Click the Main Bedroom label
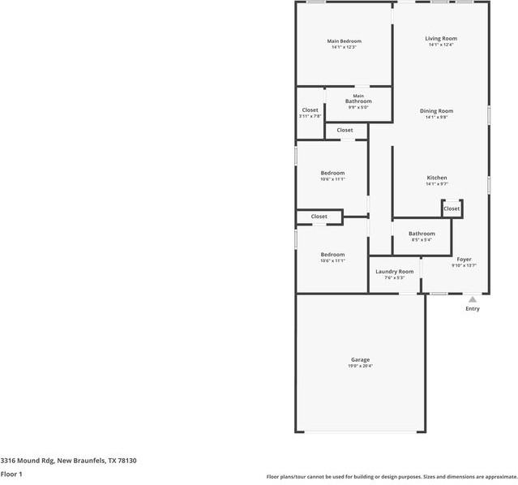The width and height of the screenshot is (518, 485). click(344, 41)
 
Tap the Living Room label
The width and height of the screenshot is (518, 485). click(441, 38)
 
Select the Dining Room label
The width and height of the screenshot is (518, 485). click(436, 110)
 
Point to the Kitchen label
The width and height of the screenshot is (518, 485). click(437, 178)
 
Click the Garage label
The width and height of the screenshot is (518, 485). click(360, 359)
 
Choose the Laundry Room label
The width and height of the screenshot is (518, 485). click(394, 271)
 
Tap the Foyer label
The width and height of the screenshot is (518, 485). click(464, 259)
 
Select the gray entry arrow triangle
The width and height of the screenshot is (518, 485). click(472, 299)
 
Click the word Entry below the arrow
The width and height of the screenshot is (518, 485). click(472, 308)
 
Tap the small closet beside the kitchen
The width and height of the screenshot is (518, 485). click(452, 208)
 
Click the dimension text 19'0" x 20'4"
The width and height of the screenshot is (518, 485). click(360, 366)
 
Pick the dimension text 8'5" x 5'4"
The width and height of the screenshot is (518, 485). click(422, 240)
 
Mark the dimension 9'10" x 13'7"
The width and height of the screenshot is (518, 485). click(464, 265)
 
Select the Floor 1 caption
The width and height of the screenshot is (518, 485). click(11, 474)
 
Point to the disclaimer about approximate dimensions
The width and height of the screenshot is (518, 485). click(392, 477)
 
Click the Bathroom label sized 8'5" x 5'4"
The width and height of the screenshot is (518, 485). click(422, 234)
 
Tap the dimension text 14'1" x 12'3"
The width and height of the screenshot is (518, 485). click(344, 47)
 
